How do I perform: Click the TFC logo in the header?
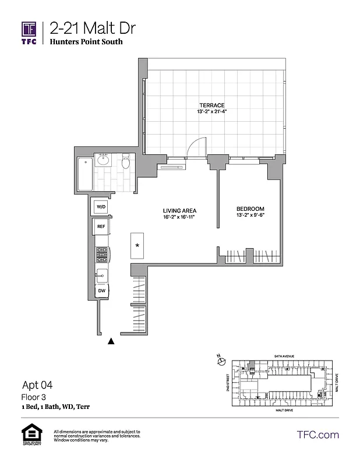tap(30, 34)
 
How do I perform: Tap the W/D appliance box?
tap(101, 207)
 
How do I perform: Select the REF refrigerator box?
tap(101, 227)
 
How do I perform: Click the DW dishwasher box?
tap(101, 290)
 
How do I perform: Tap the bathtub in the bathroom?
tap(85, 174)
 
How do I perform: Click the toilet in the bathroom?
tap(125, 163)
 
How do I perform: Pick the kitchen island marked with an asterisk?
tap(137, 245)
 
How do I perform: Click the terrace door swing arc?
tap(199, 146)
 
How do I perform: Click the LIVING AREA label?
tap(179, 210)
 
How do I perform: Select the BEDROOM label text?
tap(250, 209)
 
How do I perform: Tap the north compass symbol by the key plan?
tap(221, 362)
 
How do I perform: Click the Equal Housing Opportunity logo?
tap(30, 435)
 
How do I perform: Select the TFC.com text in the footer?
tap(317, 435)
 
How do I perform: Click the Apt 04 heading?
tap(37, 385)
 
